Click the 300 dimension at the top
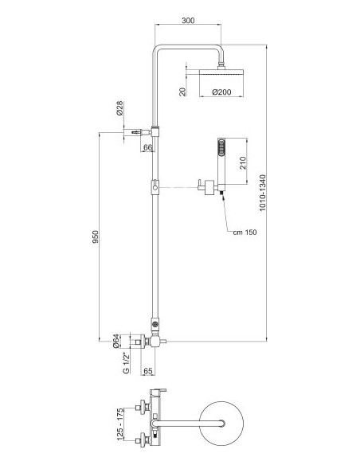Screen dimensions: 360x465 coord(188,20)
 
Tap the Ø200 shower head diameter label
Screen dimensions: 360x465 coord(221,92)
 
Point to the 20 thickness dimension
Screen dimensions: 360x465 coord(182,92)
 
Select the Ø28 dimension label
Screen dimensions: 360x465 coord(119,108)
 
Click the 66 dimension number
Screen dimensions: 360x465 coord(147,147)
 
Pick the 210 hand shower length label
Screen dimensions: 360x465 coord(243,162)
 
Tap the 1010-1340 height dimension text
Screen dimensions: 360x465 coord(263,193)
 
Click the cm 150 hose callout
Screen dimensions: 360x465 coord(245,232)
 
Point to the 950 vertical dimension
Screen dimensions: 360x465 coord(95,237)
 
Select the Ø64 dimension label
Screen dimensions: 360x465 coord(116,341)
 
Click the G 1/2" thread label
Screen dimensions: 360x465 coord(127,363)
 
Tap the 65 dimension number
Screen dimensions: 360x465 coord(147,371)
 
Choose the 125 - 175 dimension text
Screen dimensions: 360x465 coord(119,424)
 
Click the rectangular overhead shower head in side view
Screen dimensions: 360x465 coord(221,72)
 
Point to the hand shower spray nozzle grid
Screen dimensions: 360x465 coord(221,147)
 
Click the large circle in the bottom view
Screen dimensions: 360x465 coord(221,423)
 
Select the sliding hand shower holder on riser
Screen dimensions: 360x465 coord(155,187)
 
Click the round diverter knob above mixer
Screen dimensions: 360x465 coord(155,324)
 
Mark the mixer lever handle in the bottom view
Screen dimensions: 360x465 coord(158,392)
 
